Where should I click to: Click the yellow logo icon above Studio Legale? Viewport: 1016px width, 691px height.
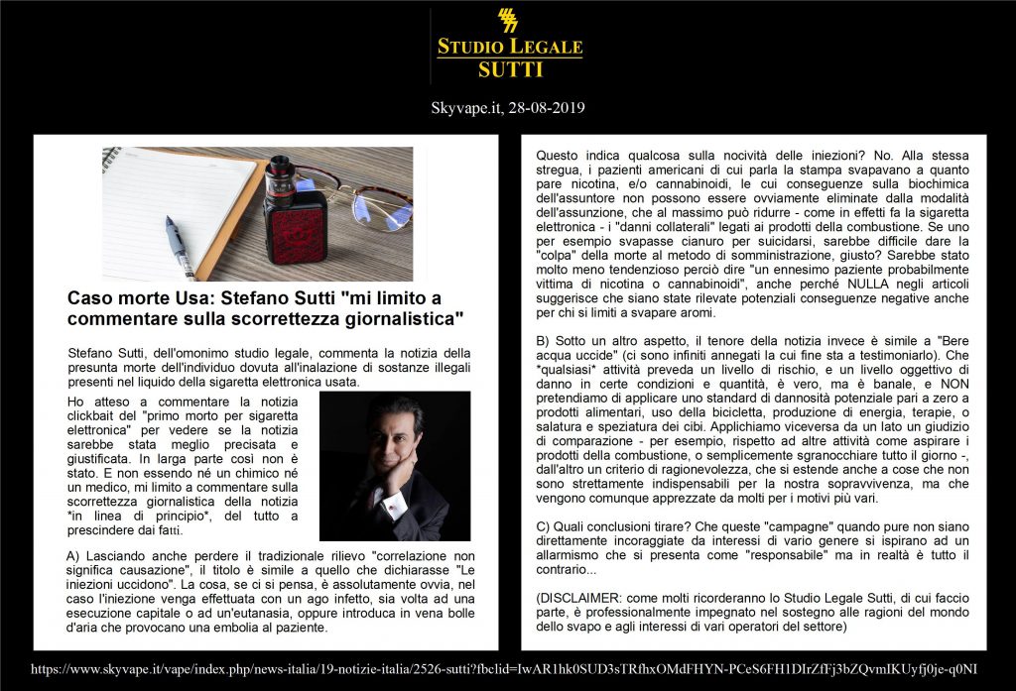tap(508, 21)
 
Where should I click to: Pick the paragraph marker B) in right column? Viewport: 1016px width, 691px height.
tap(544, 340)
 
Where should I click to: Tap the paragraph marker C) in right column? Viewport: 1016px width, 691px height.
tap(544, 525)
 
